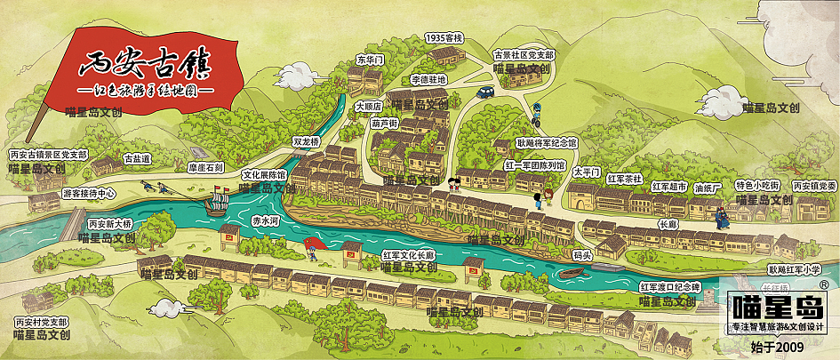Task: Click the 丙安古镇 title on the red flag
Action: click(145, 63)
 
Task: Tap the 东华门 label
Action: click(369, 60)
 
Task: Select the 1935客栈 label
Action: click(444, 38)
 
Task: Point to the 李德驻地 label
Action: click(428, 79)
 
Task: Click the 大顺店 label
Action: click(368, 106)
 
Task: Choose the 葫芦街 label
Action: click(384, 124)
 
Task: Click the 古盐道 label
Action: click(137, 158)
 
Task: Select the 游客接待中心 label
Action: click(89, 192)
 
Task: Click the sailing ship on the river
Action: click(215, 204)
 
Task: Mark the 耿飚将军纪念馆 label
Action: click(547, 142)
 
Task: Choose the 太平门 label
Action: click(587, 170)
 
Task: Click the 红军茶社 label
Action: click(625, 179)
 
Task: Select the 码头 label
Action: click(582, 256)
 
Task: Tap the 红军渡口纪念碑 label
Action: click(670, 286)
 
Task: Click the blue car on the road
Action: click(484, 91)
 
